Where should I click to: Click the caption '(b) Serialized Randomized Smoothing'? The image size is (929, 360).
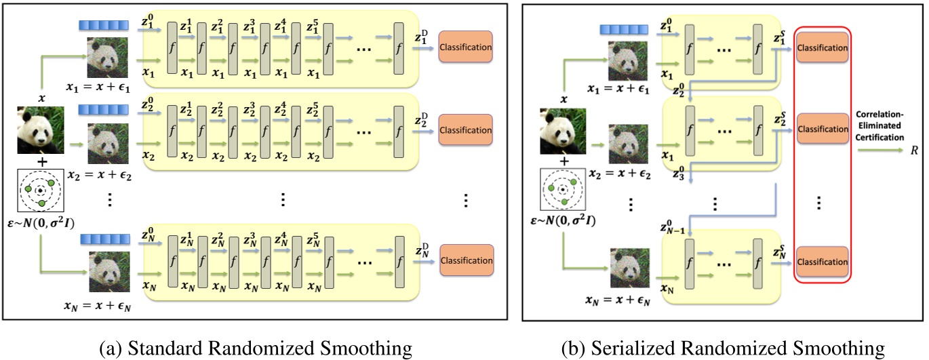click(724, 348)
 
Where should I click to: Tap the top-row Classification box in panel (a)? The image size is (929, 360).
click(466, 47)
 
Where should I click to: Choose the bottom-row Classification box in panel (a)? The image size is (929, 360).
click(466, 260)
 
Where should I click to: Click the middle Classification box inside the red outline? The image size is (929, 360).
click(823, 128)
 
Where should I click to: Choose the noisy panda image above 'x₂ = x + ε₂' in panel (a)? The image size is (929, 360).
click(106, 144)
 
